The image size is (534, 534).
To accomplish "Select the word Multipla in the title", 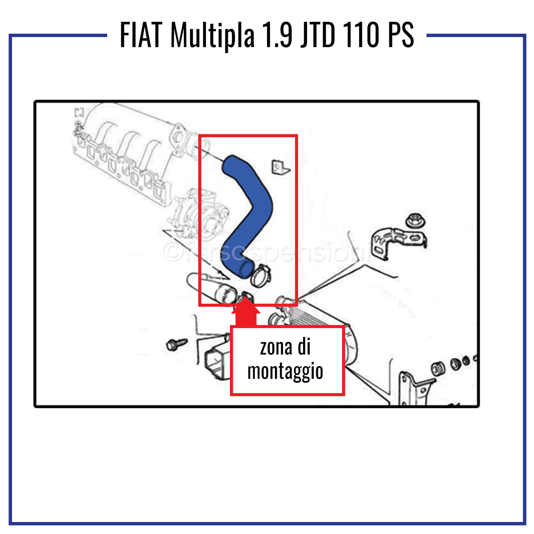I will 212,36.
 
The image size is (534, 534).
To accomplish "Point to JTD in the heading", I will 317,36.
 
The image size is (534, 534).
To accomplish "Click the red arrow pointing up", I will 245,313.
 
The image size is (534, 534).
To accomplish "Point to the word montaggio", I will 285,372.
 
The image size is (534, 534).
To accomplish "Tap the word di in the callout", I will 304,348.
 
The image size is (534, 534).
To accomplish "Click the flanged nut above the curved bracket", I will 415,220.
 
